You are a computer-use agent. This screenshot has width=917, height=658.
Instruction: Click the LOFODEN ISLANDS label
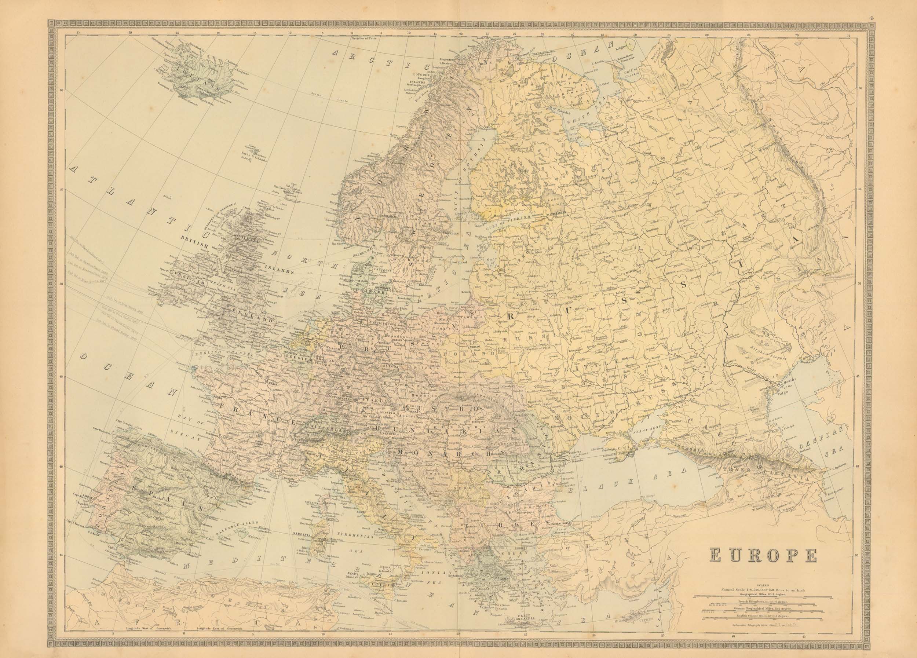pos(419,78)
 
